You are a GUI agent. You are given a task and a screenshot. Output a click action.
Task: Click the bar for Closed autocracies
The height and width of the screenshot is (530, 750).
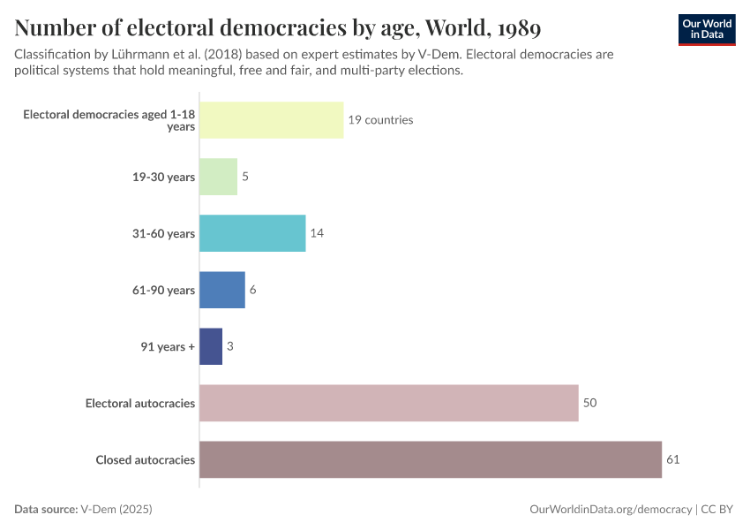pos(431,459)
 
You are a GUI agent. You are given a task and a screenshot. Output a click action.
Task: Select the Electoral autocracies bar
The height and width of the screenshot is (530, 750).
pos(388,403)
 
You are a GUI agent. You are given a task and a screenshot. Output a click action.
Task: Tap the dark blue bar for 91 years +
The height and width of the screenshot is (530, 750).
pos(211,346)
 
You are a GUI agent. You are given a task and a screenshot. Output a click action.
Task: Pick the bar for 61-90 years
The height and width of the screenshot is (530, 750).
pos(222,290)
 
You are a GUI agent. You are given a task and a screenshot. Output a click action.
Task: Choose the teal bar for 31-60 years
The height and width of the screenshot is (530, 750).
pos(252,233)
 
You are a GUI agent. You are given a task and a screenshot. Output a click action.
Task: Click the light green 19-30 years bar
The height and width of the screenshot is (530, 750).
pos(218,177)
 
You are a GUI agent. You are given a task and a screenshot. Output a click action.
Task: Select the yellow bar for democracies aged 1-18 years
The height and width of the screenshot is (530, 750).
pos(271,120)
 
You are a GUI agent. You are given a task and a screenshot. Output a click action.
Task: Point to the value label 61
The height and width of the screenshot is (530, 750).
pos(673,459)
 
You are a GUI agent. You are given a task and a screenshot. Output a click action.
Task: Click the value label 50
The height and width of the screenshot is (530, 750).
pos(590,403)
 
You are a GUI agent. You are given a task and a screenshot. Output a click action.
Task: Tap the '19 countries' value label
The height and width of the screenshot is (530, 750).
pos(380,120)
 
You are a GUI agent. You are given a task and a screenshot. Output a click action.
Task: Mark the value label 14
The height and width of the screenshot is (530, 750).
pos(318,233)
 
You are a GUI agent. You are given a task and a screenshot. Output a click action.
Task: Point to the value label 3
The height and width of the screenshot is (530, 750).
pos(230,346)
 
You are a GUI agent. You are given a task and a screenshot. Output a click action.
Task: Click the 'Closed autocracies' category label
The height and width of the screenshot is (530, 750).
pos(145,459)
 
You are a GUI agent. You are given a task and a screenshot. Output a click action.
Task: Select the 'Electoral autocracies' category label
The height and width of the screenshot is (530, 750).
pos(140,403)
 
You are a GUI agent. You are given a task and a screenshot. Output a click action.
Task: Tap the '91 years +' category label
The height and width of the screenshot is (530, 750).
pos(168,346)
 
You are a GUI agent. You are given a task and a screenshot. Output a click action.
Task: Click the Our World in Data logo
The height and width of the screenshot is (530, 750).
pos(707,30)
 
